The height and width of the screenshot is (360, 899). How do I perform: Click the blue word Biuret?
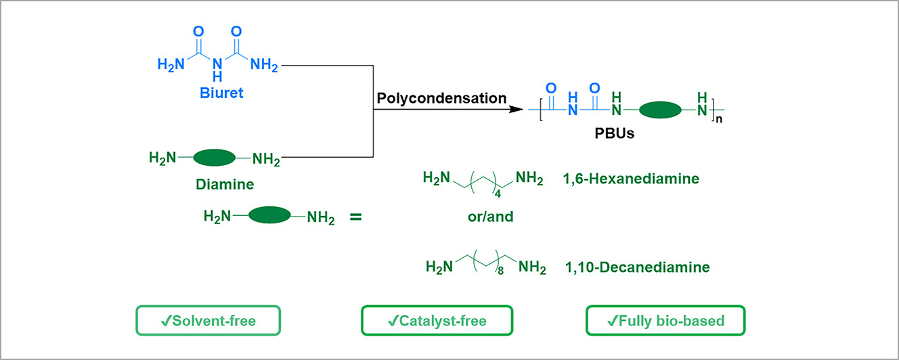[x=221, y=93]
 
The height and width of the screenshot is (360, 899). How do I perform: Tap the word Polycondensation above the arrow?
[x=441, y=98]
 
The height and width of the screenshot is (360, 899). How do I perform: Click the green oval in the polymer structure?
[x=659, y=110]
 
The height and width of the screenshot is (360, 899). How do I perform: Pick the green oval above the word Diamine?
[x=214, y=159]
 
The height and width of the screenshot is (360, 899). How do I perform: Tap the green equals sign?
[x=355, y=218]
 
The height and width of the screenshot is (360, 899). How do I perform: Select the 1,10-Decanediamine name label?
[x=638, y=267]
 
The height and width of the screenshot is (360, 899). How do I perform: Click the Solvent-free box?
[x=208, y=321]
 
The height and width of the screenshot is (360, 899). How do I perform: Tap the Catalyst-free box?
[x=437, y=321]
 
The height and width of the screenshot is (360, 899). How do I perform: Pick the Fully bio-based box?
[x=665, y=321]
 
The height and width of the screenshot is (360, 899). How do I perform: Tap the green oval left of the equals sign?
[x=269, y=217]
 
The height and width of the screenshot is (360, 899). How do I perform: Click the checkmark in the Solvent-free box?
[x=165, y=321]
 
